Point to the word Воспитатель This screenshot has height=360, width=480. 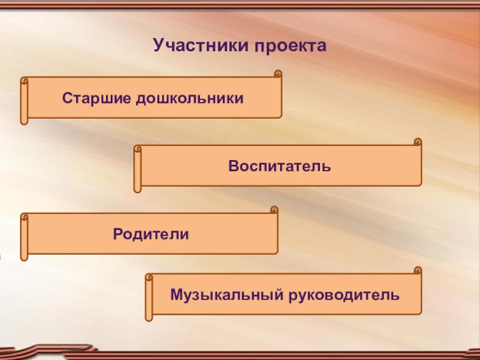(x=279, y=164)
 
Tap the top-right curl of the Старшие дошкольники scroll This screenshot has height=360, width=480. (x=277, y=74)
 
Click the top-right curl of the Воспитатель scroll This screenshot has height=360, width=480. (x=418, y=143)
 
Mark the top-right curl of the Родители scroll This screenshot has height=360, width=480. (x=274, y=211)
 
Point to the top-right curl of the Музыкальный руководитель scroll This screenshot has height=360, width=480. (x=418, y=271)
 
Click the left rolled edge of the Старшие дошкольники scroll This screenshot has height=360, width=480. (x=24, y=100)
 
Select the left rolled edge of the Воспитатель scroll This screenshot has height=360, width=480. (x=137, y=169)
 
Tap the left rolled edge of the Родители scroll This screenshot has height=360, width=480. (x=24, y=236)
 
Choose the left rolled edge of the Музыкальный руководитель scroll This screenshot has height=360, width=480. (x=149, y=297)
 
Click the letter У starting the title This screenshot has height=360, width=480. (x=158, y=46)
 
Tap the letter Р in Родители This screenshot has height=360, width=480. (x=117, y=232)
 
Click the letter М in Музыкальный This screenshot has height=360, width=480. (x=176, y=295)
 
